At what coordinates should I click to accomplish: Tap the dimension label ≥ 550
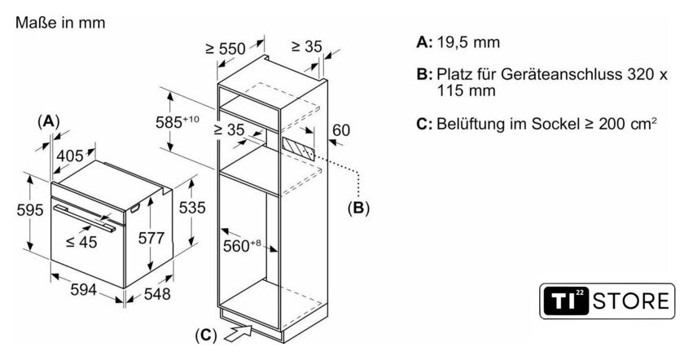(226, 49)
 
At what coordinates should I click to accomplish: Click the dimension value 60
(341, 129)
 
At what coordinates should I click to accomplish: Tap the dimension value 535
(191, 208)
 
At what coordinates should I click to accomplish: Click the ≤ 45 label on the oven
(82, 242)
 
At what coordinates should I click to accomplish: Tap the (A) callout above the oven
(49, 121)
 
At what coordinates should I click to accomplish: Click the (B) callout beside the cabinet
(358, 209)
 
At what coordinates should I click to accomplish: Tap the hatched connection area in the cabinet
(298, 149)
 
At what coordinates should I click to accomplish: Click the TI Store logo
(607, 301)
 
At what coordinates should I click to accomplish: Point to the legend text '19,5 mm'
(467, 42)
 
